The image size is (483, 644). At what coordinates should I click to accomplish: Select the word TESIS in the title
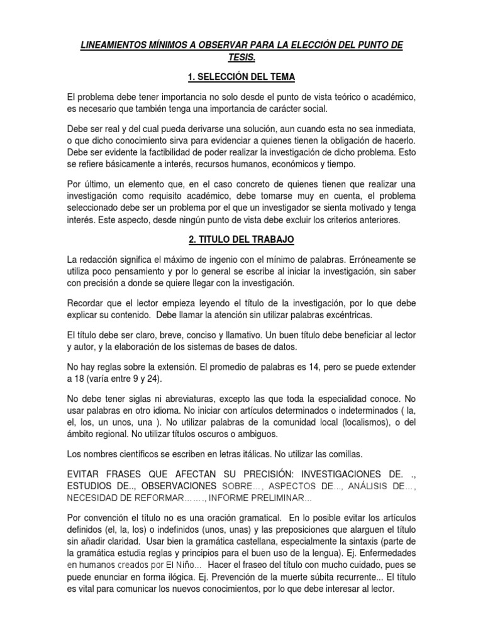pyautogui.click(x=241, y=58)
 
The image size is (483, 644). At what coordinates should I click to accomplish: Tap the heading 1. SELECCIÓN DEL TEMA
pyautogui.click(x=241, y=77)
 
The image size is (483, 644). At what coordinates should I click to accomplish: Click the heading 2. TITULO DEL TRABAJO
pyautogui.click(x=241, y=240)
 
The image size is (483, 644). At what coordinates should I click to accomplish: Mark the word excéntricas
pyautogui.click(x=345, y=314)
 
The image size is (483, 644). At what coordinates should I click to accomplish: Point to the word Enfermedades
pyautogui.click(x=387, y=553)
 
